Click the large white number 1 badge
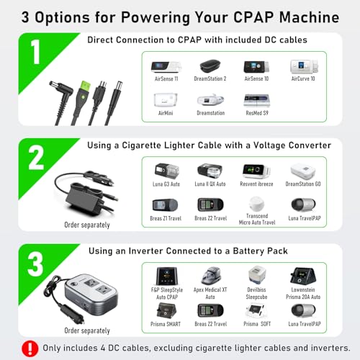coord(36,52)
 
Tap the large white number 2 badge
coord(36,158)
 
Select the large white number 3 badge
coord(35,264)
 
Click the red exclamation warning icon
coord(30,348)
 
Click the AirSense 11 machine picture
coord(166,67)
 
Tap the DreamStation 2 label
coord(210,78)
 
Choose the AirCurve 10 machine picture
coord(304,66)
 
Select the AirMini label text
coord(166,113)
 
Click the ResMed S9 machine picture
coord(257,101)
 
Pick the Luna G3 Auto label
coord(166,184)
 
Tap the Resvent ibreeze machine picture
coord(256,171)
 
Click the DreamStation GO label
coord(303,184)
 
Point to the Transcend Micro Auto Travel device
coord(256,204)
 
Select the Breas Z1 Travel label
coord(166,218)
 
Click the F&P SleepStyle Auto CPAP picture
coord(167,276)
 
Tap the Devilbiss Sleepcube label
coord(256,293)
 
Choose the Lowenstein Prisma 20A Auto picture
coord(303,276)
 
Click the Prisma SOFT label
coord(257,324)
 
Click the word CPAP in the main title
coord(253,17)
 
